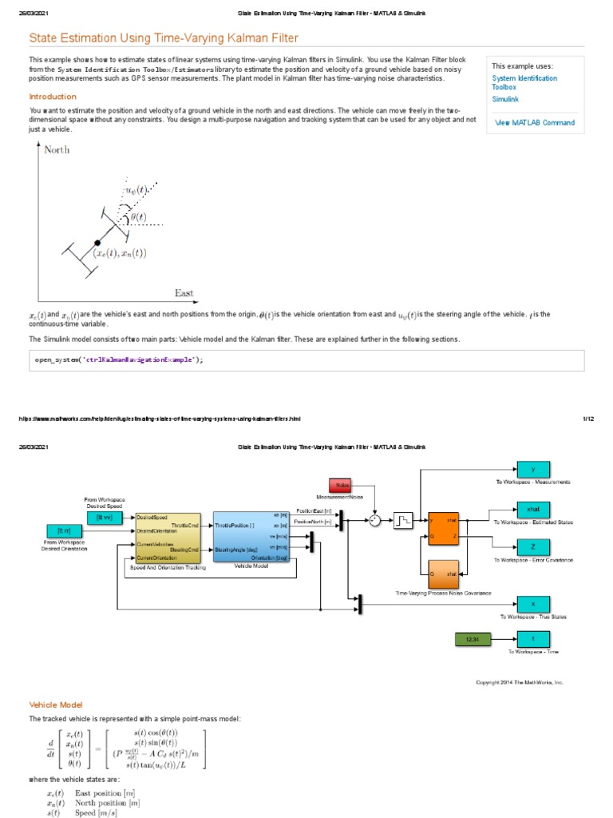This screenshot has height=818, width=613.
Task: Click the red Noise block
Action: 341,486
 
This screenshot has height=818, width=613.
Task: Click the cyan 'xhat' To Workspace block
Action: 532,509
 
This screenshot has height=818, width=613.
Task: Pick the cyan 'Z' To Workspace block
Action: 532,546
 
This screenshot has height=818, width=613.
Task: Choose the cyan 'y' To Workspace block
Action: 532,469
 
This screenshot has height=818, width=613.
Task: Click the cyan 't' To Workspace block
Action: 532,638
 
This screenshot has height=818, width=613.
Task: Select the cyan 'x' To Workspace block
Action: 532,604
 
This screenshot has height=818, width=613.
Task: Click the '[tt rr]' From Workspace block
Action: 65,530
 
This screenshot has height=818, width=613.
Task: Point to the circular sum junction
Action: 374,520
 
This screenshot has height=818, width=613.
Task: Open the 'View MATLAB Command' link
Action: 534,123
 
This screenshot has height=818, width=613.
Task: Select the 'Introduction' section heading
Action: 53,97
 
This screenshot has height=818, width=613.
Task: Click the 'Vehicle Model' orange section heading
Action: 56,705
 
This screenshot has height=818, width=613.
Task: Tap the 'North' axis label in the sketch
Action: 57,149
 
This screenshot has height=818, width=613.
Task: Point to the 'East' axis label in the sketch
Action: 184,293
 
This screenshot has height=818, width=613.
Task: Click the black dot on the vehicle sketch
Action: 97,241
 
